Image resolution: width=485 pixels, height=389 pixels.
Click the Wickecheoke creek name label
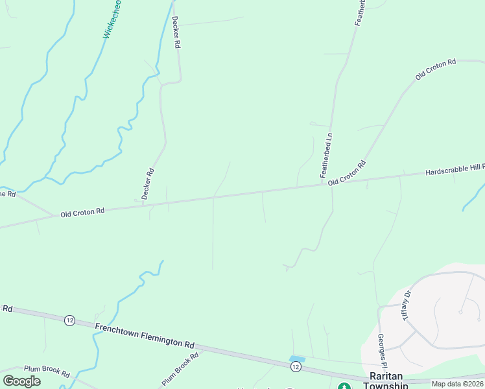click(x=112, y=19)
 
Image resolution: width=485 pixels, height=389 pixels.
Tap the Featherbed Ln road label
click(x=326, y=156)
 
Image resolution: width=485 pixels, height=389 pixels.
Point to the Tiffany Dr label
click(x=407, y=306)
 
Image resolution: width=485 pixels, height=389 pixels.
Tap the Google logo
click(x=21, y=381)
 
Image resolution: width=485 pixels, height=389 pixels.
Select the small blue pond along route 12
click(x=297, y=359)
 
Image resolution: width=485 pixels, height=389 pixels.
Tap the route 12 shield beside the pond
click(x=296, y=368)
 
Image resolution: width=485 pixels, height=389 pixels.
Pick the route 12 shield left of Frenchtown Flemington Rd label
click(x=69, y=320)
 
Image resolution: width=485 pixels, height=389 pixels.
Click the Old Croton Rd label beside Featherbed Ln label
click(x=347, y=173)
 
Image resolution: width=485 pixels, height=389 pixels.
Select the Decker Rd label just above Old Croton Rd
click(x=147, y=183)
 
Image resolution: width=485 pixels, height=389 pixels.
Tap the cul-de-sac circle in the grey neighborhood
click(x=460, y=312)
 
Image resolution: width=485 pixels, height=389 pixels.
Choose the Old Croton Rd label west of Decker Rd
click(x=82, y=212)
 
